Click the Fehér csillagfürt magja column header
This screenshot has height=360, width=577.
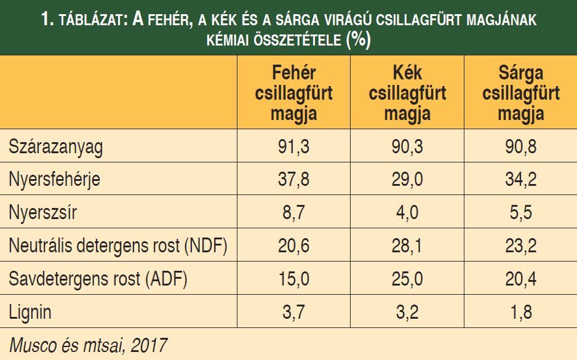tap(293, 94)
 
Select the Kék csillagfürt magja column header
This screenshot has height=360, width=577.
tap(407, 94)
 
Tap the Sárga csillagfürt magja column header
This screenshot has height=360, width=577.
tap(521, 94)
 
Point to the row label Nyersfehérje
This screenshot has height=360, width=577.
tap(54, 180)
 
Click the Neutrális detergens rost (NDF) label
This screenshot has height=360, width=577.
tap(118, 246)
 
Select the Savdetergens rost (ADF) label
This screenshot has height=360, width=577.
tap(98, 279)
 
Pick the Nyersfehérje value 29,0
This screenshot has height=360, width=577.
tap(407, 180)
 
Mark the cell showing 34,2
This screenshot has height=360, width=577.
tap(521, 180)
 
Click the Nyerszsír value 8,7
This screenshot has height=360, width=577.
tap(293, 213)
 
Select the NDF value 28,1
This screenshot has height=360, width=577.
tap(407, 246)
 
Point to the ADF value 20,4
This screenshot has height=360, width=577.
tap(521, 279)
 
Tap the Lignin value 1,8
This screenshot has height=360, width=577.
tap(521, 312)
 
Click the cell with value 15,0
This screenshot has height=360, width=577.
tap(293, 279)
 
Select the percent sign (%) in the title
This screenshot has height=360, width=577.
tap(358, 40)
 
